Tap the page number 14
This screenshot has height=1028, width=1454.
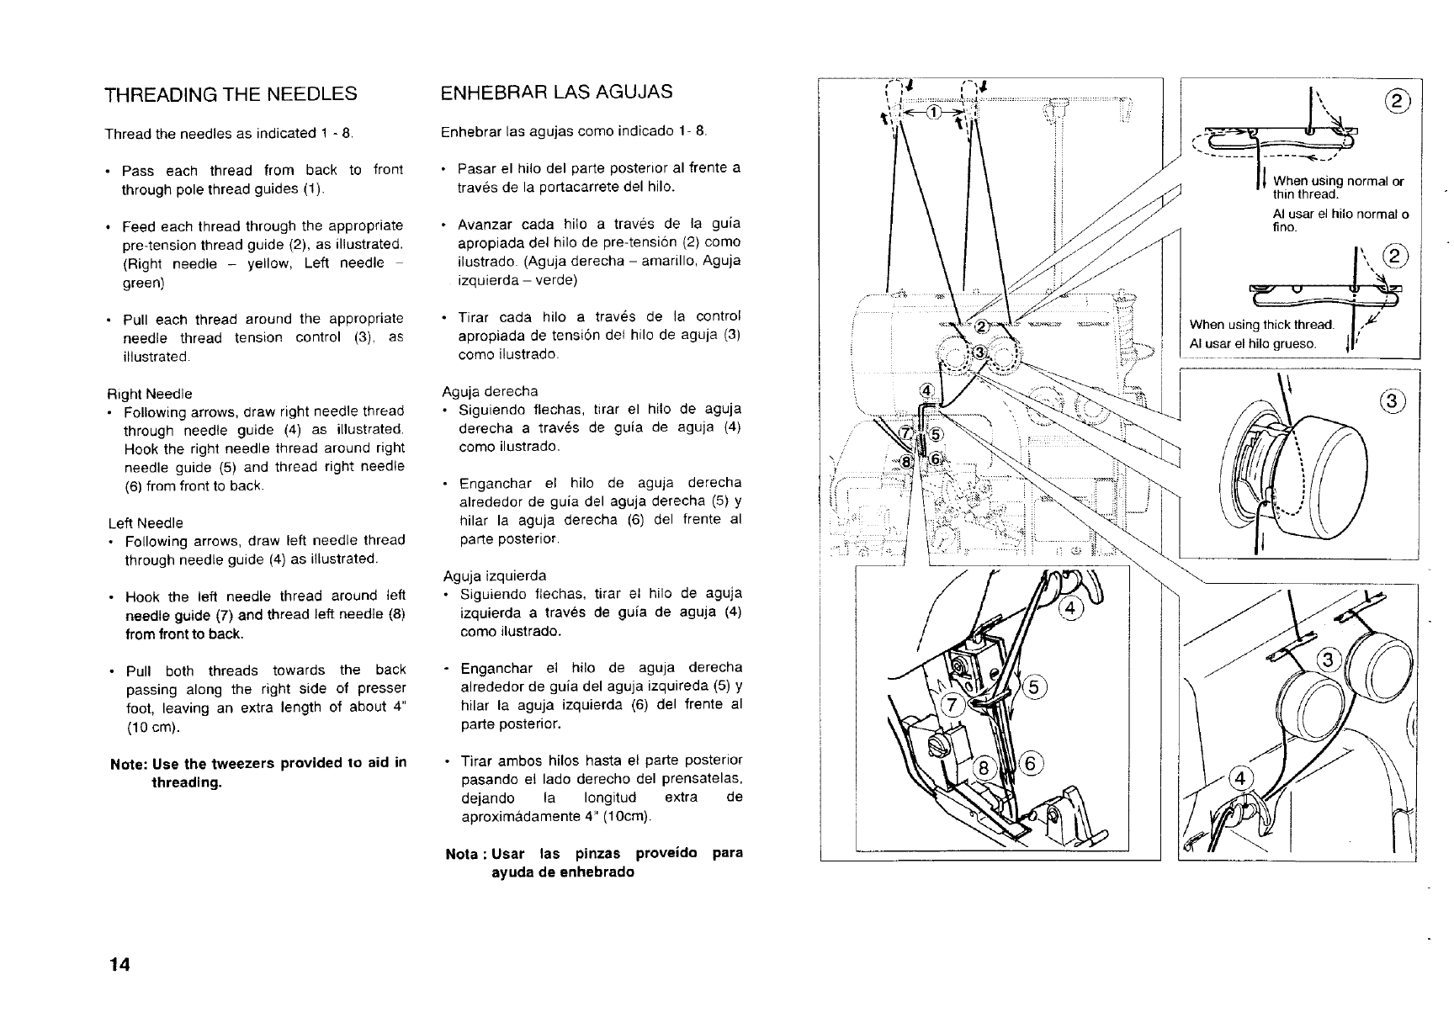119,965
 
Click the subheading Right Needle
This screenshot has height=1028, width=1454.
148,394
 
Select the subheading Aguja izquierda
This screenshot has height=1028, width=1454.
494,575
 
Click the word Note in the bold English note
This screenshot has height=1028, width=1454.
127,763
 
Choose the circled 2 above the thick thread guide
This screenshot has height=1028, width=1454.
1394,256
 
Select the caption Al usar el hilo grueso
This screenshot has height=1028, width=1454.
1254,343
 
